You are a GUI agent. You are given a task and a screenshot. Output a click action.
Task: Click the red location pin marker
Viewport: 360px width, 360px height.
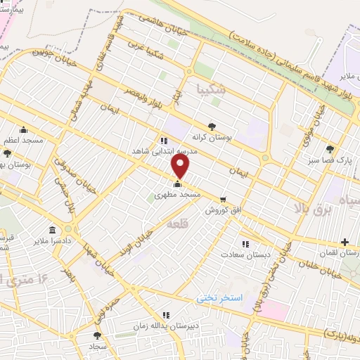point(181,167)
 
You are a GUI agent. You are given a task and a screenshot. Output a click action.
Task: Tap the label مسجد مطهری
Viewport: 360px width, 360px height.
point(179,193)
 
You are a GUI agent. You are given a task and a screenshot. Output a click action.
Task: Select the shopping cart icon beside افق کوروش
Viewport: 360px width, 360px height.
point(224,200)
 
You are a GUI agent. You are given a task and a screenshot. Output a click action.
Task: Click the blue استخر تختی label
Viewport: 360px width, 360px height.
point(219,298)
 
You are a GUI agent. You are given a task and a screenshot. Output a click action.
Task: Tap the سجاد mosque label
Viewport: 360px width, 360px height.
point(96,347)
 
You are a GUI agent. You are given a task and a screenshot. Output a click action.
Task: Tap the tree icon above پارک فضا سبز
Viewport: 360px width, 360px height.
point(330,148)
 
